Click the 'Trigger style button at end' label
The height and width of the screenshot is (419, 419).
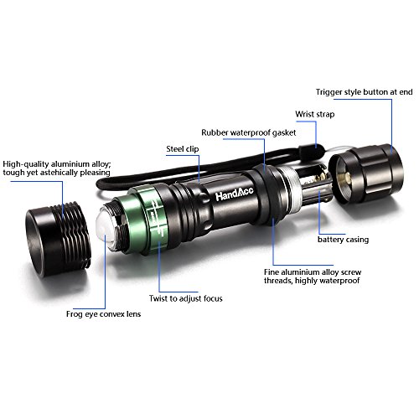364,92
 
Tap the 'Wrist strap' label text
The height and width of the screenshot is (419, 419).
315,114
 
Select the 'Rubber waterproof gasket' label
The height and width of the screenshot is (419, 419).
249,132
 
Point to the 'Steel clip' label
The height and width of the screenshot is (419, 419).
183,149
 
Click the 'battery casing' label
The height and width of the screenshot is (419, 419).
343,240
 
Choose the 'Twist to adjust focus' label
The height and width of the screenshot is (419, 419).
186,298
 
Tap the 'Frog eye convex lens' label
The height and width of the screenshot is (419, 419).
103,314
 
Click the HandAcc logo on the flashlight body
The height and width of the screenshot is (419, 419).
235,194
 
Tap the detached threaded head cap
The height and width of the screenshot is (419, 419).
58,238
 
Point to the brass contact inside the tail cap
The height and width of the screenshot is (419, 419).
345,177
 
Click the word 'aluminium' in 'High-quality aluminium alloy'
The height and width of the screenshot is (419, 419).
70,164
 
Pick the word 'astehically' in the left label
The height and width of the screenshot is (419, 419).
59,173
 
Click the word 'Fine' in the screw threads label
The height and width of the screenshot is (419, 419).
272,272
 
